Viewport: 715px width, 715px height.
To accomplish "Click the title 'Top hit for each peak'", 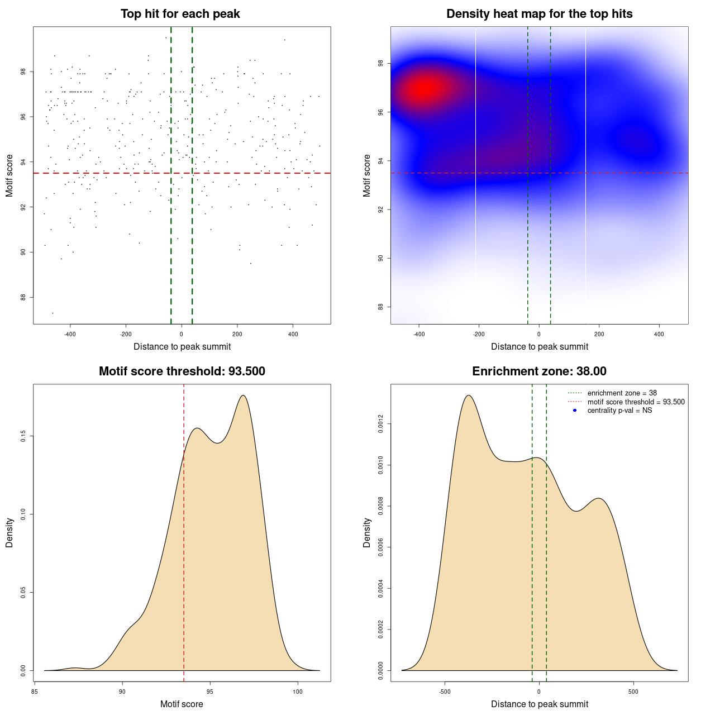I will pos(180,14).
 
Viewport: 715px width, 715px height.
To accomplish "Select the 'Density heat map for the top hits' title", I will pos(539,14).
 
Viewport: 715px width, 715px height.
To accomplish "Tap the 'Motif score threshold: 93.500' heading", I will pos(182,371).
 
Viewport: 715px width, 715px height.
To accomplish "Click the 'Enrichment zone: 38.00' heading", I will pos(539,371).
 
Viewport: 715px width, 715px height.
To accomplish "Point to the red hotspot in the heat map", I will pos(426,88).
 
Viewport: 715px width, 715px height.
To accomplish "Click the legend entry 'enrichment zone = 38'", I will pos(622,393).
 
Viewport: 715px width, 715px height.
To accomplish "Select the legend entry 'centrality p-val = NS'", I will pos(619,411).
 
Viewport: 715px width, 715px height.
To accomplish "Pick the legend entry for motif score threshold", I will pos(636,402).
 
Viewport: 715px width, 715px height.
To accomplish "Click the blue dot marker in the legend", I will pos(575,411).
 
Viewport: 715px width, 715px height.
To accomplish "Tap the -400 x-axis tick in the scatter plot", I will pos(70,334).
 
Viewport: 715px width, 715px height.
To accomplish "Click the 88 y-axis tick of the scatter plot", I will pos(23,298).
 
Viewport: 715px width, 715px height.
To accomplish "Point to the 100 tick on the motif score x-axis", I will pos(297,692).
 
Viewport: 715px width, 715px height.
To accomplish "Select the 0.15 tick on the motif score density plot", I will pos(23,436).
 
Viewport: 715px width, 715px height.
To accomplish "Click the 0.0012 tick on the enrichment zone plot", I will pos(380,424).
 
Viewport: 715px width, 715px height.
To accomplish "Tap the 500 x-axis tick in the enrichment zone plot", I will pos(633,692).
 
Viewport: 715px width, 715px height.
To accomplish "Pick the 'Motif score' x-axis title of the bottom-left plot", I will pos(182,704).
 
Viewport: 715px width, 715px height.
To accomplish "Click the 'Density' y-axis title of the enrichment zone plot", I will pos(367,532).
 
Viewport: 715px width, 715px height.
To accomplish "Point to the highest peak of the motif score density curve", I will pos(243,395).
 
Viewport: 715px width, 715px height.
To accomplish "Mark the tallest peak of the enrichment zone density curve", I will pos(469,395).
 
